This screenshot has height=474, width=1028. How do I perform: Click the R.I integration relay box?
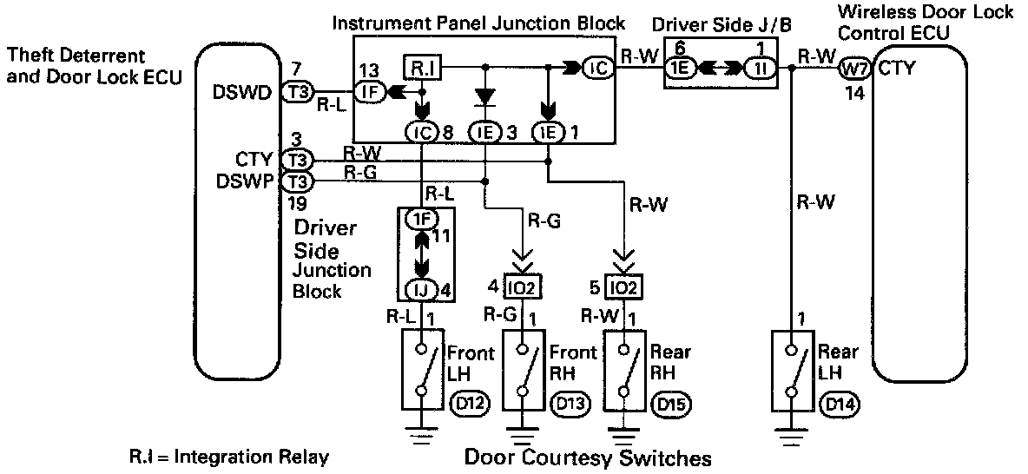421,66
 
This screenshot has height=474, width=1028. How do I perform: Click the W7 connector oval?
856,68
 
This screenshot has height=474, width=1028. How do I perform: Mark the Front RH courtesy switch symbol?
523,370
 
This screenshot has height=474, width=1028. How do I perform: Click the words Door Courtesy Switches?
589,457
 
